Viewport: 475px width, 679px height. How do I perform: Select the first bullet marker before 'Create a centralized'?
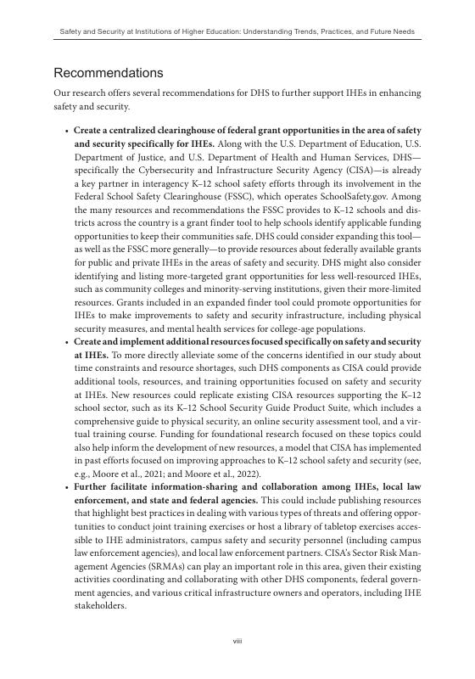click(66, 132)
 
